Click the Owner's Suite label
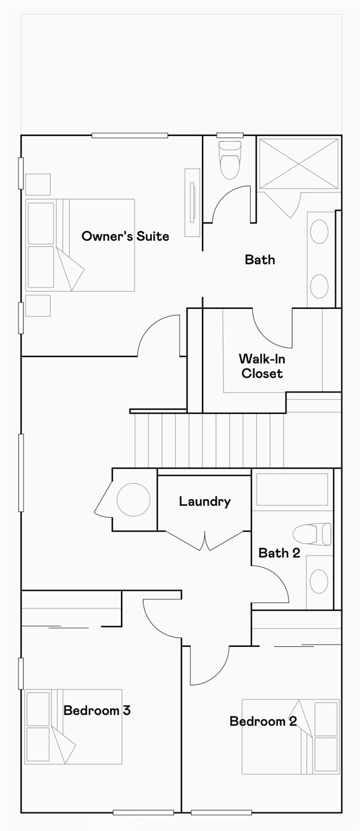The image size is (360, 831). click(x=125, y=236)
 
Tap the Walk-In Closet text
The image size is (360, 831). click(x=262, y=366)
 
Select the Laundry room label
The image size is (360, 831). click(x=204, y=502)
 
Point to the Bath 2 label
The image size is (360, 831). click(x=279, y=553)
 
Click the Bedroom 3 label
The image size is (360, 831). click(x=97, y=710)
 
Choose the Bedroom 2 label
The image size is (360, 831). click(x=263, y=721)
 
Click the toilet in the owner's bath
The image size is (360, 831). click(x=230, y=160)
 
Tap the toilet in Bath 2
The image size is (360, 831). click(x=312, y=534)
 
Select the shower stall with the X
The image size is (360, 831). click(x=298, y=164)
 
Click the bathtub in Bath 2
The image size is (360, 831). click(x=292, y=490)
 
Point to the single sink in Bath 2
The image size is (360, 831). click(x=319, y=581)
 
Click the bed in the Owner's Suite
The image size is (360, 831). click(x=80, y=245)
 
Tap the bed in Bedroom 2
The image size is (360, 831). click(x=291, y=736)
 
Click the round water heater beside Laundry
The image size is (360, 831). click(x=133, y=499)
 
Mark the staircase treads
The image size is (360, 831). click(x=209, y=441)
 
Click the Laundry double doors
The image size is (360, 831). click(x=204, y=541)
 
